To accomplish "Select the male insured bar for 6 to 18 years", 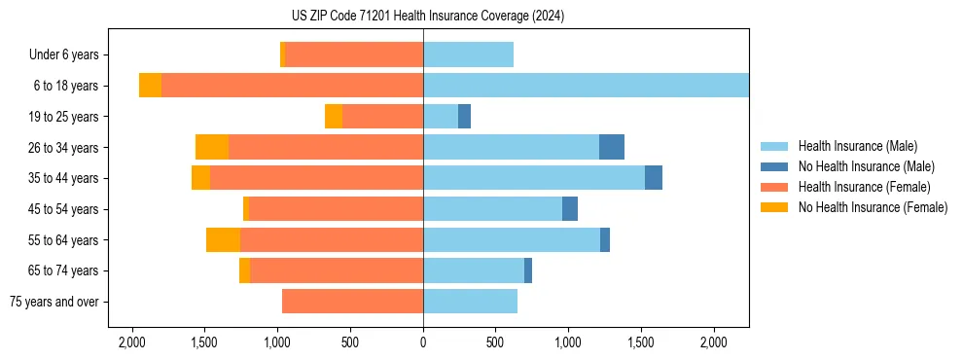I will [x=586, y=86].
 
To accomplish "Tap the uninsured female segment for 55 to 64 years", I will [x=223, y=239].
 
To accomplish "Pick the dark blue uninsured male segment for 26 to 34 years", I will [x=611, y=147].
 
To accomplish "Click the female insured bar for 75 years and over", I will [x=352, y=302].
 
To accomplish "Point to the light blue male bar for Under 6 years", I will [x=468, y=54].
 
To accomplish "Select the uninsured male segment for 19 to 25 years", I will [x=464, y=116].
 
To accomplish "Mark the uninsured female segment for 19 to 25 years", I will [x=334, y=116].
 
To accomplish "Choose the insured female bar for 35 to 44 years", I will [x=316, y=178].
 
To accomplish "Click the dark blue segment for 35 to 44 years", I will [x=654, y=178].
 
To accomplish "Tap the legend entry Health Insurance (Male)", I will [x=857, y=146].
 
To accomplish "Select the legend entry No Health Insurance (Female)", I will [x=873, y=207].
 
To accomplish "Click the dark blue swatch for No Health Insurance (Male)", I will [x=774, y=166].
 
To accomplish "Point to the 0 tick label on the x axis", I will [x=423, y=342].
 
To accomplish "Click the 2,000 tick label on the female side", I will [x=132, y=342].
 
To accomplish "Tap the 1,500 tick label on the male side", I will [x=641, y=342].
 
